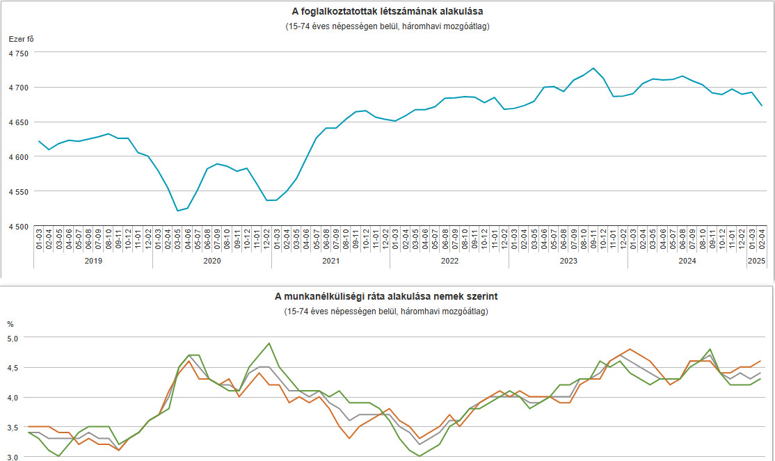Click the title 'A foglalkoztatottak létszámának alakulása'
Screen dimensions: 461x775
tap(387, 12)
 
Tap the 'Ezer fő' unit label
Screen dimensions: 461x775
tap(21, 38)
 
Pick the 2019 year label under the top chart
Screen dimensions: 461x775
tap(93, 261)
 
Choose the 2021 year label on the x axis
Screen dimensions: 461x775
tap(330, 261)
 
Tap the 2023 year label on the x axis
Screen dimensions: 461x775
tap(568, 261)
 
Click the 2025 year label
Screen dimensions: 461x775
tap(756, 261)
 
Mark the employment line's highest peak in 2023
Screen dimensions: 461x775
tap(593, 68)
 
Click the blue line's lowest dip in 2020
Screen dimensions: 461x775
tap(177, 211)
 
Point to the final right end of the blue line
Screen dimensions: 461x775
tap(762, 105)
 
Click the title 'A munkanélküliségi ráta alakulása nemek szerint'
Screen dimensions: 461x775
tap(386, 297)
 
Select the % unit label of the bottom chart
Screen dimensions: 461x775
tap(10, 324)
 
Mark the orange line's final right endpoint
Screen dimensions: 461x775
tap(760, 361)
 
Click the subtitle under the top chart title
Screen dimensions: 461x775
tap(387, 26)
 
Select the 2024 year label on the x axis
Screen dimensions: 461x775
tap(687, 261)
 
